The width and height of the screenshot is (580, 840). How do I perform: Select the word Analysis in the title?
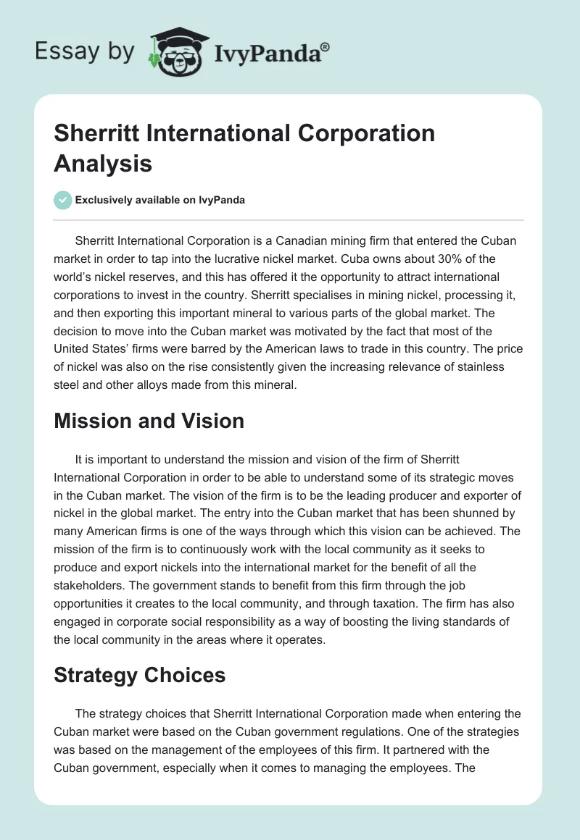[103, 163]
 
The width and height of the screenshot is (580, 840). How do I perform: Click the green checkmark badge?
[63, 201]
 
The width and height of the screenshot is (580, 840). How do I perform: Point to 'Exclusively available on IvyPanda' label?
[159, 201]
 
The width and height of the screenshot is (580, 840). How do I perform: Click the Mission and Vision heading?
[149, 421]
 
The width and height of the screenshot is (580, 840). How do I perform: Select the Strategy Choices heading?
[140, 676]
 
